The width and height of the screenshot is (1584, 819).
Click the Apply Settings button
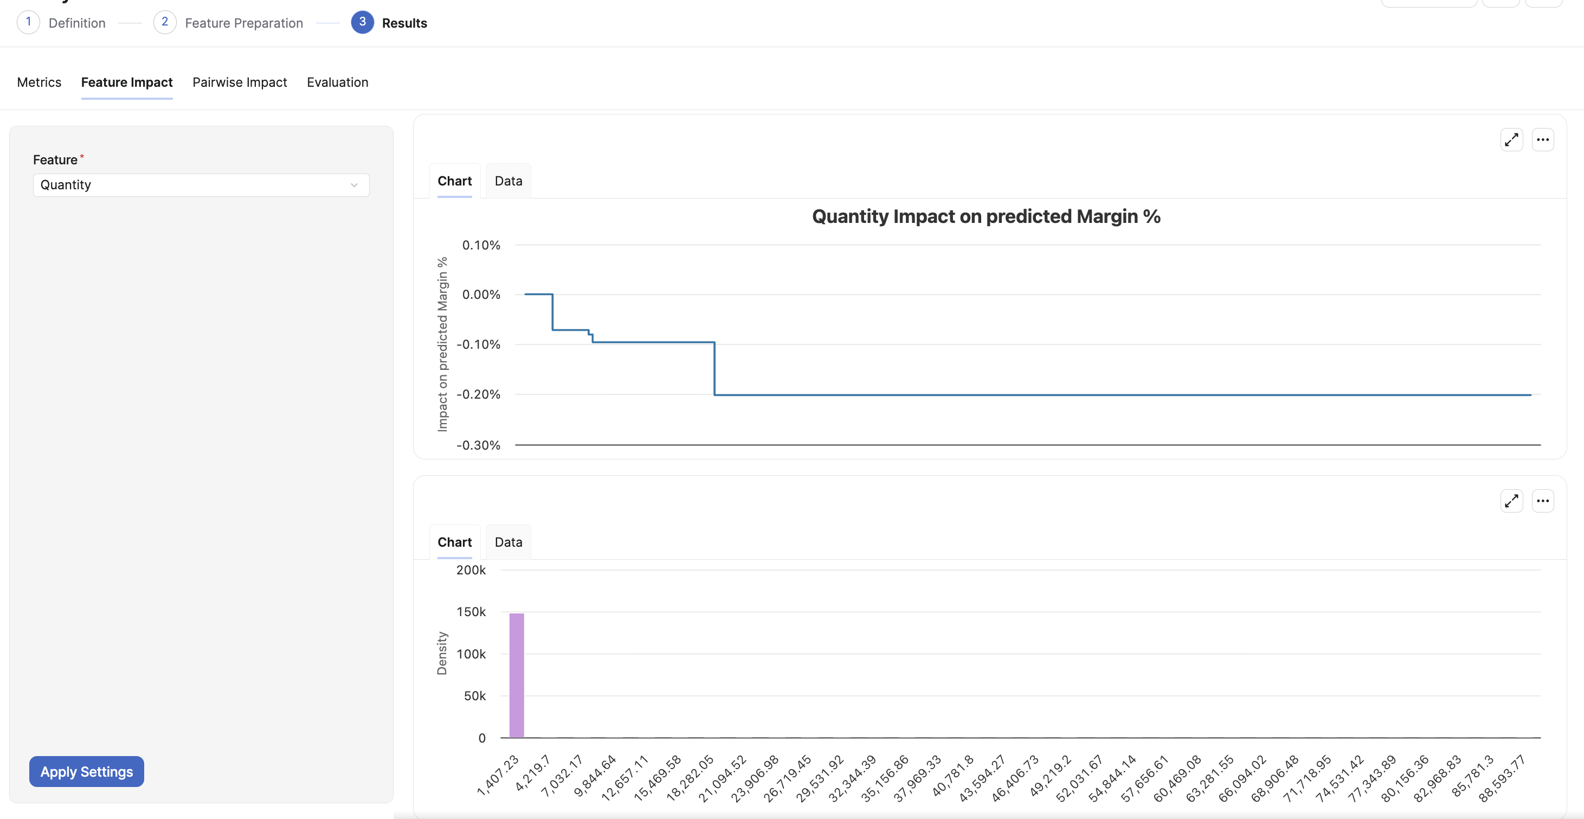point(87,771)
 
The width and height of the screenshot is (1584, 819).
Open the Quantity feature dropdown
point(201,185)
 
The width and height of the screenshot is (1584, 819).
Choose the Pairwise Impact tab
point(240,82)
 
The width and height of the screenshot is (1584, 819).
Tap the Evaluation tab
point(338,82)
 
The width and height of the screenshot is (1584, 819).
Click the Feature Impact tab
point(127,82)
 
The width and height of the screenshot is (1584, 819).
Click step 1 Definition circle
point(28,22)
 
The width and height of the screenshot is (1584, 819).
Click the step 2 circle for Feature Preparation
point(165,22)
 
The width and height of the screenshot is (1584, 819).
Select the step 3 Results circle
point(363,22)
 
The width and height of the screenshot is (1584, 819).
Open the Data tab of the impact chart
point(508,181)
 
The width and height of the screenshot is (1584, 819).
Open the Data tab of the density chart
point(508,542)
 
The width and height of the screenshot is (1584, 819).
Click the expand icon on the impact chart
point(1511,140)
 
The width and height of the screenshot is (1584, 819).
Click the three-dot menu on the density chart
point(1543,501)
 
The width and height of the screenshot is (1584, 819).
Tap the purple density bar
point(517,675)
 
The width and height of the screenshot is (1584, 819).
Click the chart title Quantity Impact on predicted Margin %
point(986,216)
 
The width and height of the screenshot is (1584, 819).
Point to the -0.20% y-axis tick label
point(478,394)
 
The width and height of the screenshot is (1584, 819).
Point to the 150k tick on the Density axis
point(471,612)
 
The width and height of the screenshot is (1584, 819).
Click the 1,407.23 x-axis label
point(499,775)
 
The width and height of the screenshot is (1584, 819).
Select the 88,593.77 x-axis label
point(1502,778)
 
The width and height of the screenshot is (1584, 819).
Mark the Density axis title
point(441,653)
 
